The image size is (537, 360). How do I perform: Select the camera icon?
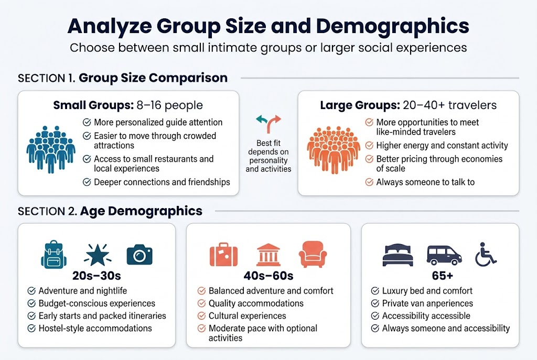click(139, 255)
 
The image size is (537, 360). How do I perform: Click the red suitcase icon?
click(223, 255)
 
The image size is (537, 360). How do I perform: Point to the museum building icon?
click(268, 255)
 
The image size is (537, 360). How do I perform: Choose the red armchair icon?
click(313, 255)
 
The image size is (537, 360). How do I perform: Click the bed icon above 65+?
click(397, 255)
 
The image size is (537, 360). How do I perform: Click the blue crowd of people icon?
click(51, 149)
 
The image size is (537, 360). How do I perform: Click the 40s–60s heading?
click(268, 276)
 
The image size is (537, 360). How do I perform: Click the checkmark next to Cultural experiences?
click(201, 316)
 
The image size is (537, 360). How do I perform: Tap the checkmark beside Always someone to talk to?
click(369, 182)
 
